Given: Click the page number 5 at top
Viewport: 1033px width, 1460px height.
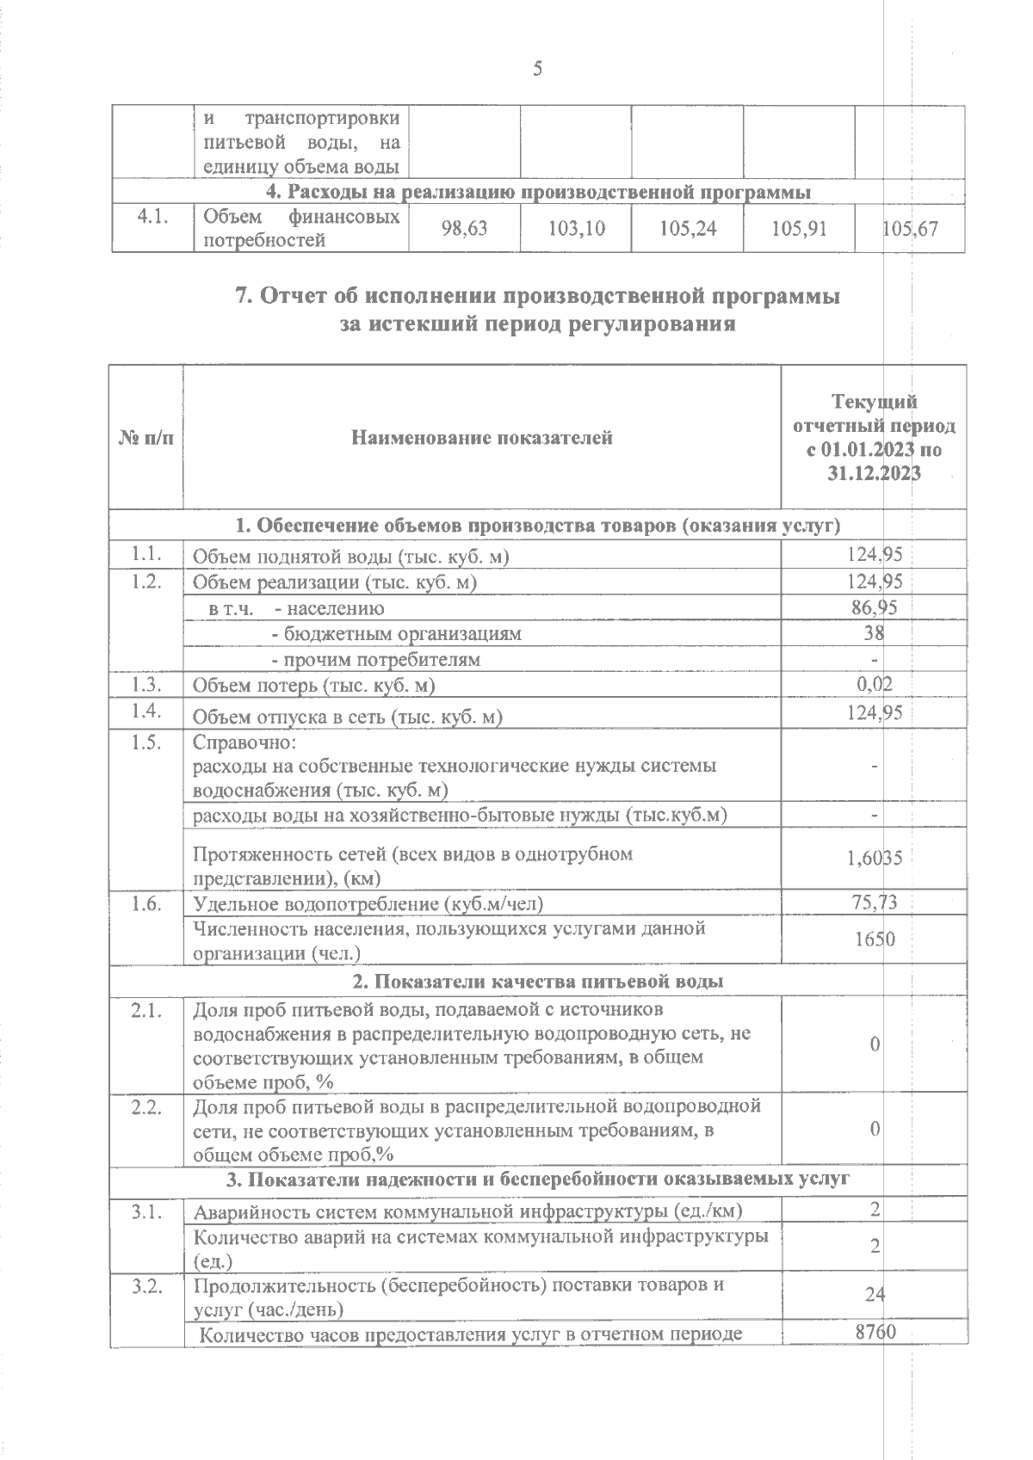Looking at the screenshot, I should (x=537, y=69).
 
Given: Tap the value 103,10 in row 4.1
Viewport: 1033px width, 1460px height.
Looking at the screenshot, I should (x=576, y=229).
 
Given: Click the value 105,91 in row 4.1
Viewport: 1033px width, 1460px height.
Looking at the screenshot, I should (x=798, y=229).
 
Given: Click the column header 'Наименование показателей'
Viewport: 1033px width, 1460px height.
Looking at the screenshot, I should (x=482, y=438).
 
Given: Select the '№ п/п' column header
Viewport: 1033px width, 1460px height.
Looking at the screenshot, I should (x=145, y=438).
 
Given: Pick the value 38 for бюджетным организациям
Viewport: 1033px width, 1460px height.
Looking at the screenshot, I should (x=875, y=634).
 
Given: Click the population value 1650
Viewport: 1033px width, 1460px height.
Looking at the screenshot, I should (x=875, y=939).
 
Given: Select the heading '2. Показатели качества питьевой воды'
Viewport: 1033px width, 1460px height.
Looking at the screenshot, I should (x=538, y=982).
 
